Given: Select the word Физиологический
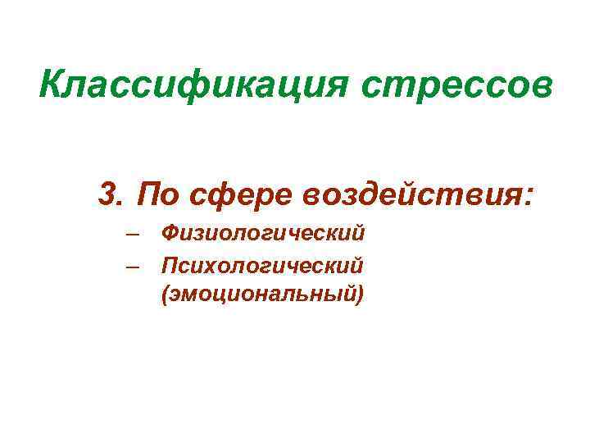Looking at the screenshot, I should click(x=263, y=235).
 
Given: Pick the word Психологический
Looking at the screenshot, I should click(x=262, y=265).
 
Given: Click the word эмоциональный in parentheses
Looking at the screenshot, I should click(x=262, y=293).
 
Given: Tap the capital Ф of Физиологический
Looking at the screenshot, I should click(x=170, y=234).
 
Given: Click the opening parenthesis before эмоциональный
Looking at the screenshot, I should click(x=166, y=294).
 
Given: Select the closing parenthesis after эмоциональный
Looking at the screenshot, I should click(x=359, y=294).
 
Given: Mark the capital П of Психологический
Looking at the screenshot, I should click(x=170, y=264).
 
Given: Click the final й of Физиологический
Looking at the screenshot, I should click(x=358, y=234).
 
